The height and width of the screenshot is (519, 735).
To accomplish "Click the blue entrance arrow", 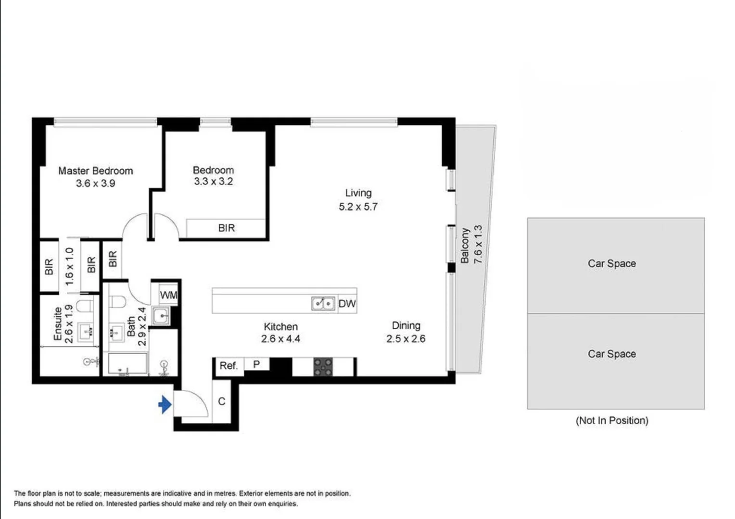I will coord(165,405).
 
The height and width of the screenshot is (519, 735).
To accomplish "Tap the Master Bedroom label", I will coord(95,171).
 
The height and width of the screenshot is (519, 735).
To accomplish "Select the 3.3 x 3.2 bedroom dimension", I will coord(213,182).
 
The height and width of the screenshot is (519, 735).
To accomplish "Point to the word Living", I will coord(358,193).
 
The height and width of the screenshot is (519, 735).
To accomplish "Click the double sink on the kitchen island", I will coord(323,304).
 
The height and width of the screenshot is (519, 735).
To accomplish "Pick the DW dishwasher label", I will coord(347,304).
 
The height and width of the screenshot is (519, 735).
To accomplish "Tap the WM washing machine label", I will coord(168,295).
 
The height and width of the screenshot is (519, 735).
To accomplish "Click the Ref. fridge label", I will coord(228,366).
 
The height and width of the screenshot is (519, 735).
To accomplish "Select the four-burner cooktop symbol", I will coord(323,367).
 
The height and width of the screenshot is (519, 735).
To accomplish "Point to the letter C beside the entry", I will coord(222,401).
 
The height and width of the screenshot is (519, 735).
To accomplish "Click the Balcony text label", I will coord(465,246).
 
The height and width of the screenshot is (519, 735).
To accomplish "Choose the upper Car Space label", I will coord(611,263).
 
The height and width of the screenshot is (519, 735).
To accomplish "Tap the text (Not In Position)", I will coord(612,420).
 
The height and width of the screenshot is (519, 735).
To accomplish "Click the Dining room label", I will coord(406,325).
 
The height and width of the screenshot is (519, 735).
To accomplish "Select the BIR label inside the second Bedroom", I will coord(226,228).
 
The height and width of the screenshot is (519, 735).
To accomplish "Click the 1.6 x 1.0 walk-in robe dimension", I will coord(69,266).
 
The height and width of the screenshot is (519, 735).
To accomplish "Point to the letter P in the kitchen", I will coord(256,364).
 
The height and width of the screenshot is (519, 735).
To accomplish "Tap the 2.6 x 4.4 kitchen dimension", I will coord(280,339).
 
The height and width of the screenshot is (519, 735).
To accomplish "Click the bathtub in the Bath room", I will coord(127,364).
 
